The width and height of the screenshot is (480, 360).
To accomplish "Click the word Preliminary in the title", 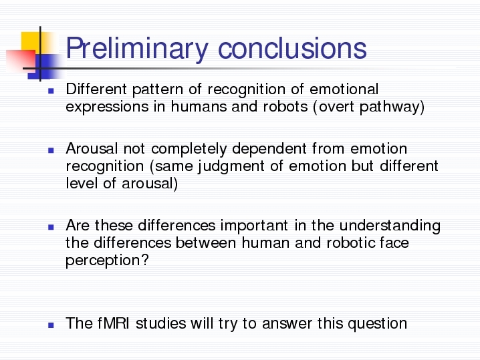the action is (137, 49).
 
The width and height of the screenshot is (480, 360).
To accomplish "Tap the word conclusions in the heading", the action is (292, 48).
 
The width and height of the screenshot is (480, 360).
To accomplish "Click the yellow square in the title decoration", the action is (35, 43).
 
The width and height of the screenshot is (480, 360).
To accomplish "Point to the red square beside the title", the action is (21, 61).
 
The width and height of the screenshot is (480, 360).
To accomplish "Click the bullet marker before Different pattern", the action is (51, 91).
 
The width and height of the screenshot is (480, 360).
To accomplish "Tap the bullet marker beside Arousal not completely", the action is (51, 150).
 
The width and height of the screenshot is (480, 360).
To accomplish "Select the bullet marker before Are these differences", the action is (51, 227).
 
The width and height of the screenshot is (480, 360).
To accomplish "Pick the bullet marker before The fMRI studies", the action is (51, 325).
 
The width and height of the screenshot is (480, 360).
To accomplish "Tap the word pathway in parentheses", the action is (392, 108).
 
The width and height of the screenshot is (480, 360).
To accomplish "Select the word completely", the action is (189, 149).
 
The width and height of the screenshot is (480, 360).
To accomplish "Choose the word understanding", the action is (390, 226).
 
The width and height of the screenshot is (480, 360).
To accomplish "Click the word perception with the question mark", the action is (107, 261).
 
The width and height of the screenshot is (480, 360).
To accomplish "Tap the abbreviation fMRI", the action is (114, 323).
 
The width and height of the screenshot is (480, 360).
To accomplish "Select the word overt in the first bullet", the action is (336, 107).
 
